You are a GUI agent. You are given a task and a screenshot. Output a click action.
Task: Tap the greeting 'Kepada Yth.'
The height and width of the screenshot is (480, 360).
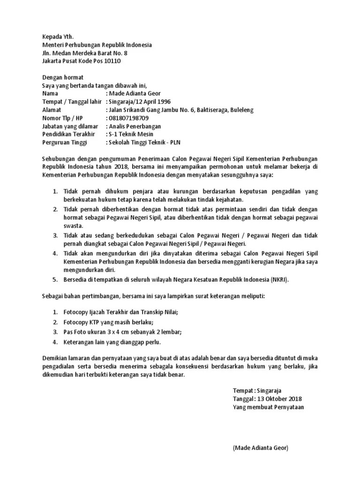[58, 36]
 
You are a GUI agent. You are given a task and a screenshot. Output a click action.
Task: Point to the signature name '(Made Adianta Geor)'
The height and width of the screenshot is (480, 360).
[260, 448]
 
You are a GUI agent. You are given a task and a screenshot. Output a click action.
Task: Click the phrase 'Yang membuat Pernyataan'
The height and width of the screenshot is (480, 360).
[268, 407]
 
